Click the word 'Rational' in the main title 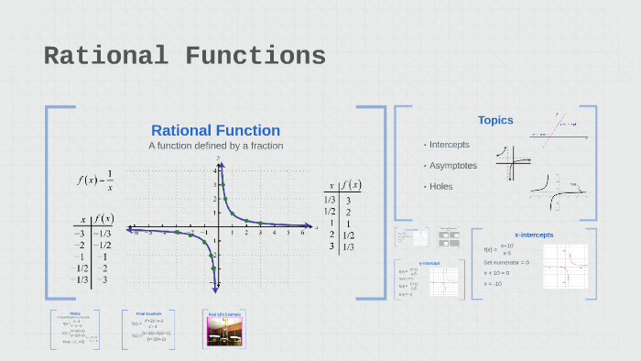[106, 57]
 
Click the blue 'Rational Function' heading [215, 130]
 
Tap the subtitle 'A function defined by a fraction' [215, 146]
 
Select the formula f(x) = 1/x [95, 180]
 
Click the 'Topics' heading [495, 120]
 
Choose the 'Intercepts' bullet [449, 145]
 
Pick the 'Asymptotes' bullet [452, 165]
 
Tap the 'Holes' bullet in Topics [440, 186]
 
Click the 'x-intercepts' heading [534, 235]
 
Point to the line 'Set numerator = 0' [505, 263]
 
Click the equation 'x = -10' [494, 283]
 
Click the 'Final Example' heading [147, 313]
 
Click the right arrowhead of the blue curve [308, 224]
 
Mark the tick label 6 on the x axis [301, 234]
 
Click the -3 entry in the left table [81, 234]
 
